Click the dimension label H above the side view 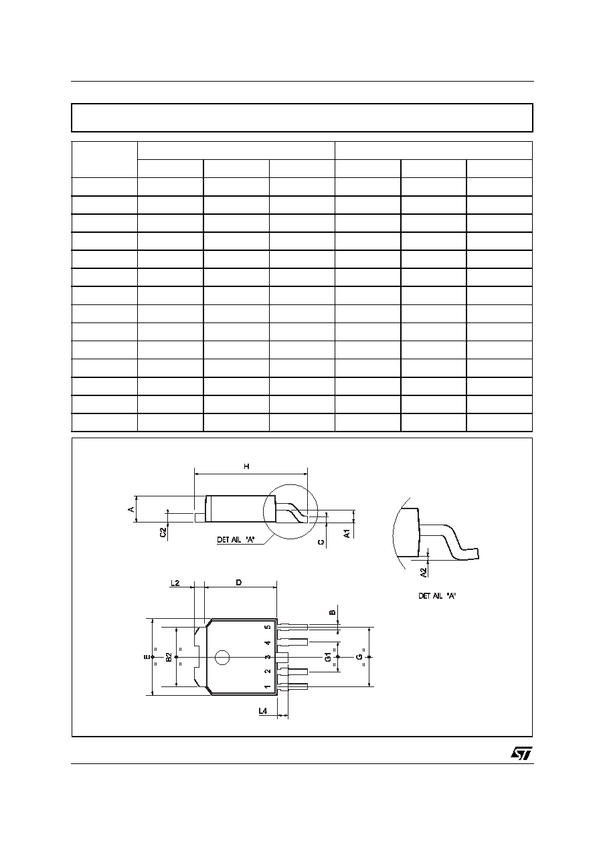246,466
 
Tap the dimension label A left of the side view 131,509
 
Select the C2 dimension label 163,533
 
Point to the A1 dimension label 347,533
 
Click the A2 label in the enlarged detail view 424,573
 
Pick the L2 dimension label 175,583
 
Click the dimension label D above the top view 239,583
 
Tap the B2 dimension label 169,657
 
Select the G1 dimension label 329,657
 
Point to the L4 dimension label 262,711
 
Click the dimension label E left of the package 147,657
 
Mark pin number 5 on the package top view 268,628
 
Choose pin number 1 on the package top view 268,686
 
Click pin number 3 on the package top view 268,657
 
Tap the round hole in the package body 222,658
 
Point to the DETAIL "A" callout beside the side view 236,539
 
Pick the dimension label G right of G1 359,657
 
